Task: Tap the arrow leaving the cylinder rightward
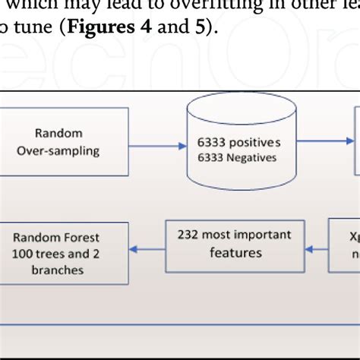click(x=327, y=141)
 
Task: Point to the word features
click(x=235, y=253)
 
